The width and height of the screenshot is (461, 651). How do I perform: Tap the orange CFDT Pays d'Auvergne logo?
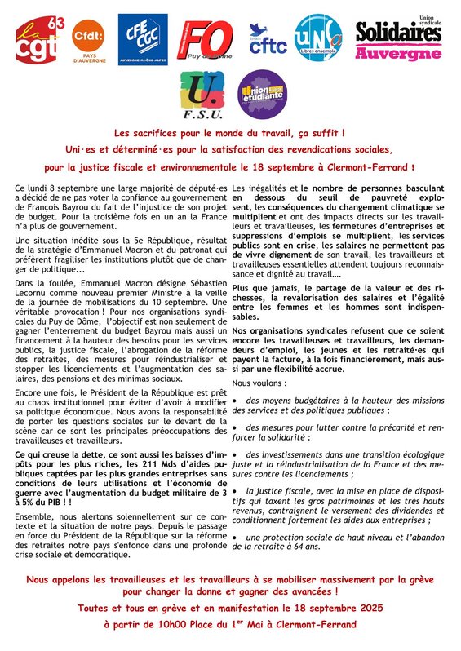pyautogui.click(x=88, y=41)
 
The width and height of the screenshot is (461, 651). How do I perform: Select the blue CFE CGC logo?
pyautogui.click(x=143, y=39)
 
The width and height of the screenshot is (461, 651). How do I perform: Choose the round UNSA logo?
pyautogui.click(x=318, y=38)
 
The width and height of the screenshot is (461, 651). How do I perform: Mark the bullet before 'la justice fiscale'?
pyautogui.click(x=236, y=491)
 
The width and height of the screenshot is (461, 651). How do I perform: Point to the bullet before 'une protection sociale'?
pyautogui.click(x=236, y=537)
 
